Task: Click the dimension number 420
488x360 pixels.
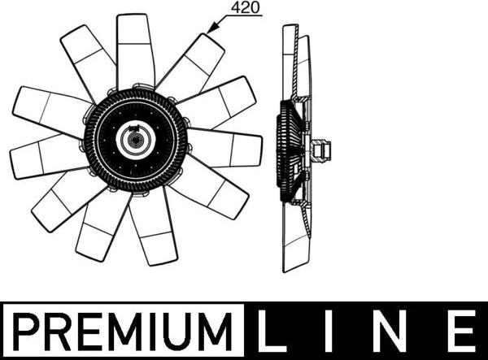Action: pyautogui.click(x=246, y=7)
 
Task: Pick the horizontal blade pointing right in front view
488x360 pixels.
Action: pyautogui.click(x=224, y=147)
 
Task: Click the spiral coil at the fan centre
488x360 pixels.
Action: pyautogui.click(x=136, y=139)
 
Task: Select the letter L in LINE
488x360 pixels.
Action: pyautogui.click(x=271, y=331)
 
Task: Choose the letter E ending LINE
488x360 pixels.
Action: pyautogui.click(x=460, y=331)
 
